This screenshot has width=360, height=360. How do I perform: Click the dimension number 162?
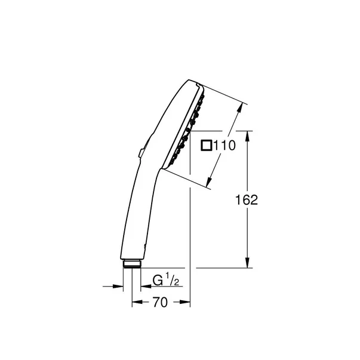pyautogui.click(x=245, y=200)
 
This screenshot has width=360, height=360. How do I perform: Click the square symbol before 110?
pyautogui.click(x=206, y=144)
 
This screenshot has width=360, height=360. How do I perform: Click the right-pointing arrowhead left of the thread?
pyautogui.click(x=125, y=286)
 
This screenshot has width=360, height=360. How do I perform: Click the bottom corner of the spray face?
pyautogui.click(x=165, y=168)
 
